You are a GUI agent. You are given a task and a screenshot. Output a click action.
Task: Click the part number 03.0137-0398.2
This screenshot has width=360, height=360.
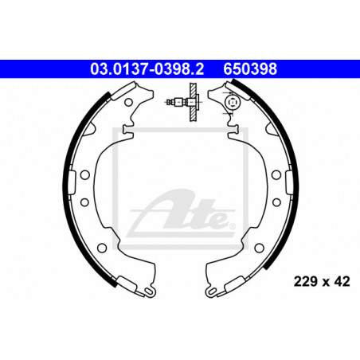[147, 69]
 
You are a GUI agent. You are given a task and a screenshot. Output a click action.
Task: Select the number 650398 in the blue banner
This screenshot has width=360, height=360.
[250, 69]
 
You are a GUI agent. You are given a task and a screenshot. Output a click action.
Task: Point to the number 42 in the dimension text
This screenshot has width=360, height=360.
[342, 281]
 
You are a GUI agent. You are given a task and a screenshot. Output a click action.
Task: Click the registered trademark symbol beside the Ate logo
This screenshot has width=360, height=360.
[232, 226]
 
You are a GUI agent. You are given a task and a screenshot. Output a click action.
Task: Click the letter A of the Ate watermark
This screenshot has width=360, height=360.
[162, 209]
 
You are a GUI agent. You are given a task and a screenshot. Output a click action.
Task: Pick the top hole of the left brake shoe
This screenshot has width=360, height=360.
[128, 102]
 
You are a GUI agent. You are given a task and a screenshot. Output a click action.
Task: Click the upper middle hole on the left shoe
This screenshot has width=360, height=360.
[85, 175]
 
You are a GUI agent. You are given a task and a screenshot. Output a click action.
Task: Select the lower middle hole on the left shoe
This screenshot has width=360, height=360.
[84, 202]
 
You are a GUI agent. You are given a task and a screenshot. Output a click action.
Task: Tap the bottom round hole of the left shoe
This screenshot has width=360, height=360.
[102, 248]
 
